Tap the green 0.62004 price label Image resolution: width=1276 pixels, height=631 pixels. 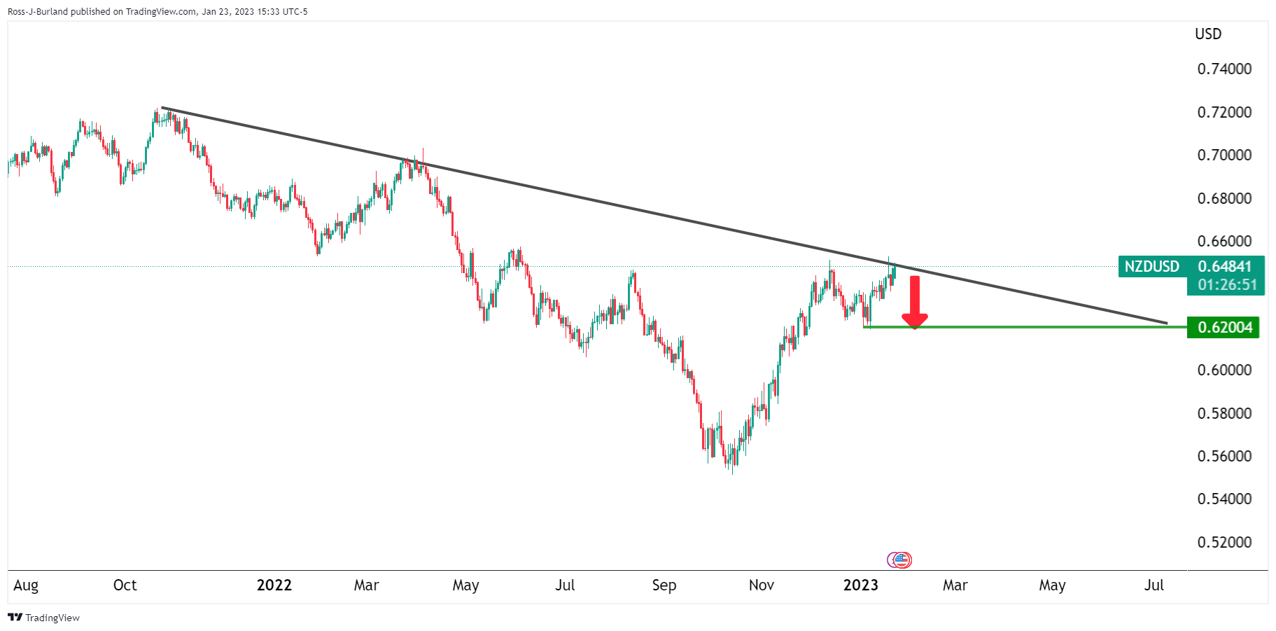(1224, 327)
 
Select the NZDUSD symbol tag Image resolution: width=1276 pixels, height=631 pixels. (1151, 267)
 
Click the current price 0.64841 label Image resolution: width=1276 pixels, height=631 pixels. (1225, 267)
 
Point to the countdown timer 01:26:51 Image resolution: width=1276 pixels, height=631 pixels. (1226, 285)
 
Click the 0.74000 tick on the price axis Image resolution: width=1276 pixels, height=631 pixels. (1224, 69)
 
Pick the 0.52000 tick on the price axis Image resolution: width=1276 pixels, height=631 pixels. (1224, 542)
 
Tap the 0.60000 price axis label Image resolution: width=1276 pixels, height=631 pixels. (1224, 370)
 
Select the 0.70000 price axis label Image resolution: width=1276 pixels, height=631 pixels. (1224, 155)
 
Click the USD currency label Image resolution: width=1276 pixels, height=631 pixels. (1208, 34)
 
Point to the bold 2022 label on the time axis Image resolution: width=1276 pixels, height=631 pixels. (274, 585)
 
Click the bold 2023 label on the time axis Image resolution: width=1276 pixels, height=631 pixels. (860, 585)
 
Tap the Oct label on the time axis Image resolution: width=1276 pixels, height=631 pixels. (125, 585)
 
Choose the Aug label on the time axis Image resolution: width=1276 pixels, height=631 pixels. (26, 585)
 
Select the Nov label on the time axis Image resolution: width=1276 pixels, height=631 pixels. (762, 585)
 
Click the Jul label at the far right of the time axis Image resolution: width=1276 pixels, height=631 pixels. (1154, 585)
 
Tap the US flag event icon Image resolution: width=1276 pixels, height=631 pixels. (903, 560)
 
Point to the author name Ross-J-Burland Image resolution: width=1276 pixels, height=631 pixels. (38, 11)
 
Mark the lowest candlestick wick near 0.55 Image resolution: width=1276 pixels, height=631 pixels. (733, 472)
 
